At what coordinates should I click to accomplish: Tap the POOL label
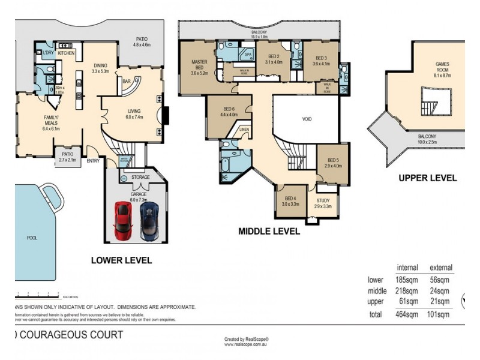pos(32,238)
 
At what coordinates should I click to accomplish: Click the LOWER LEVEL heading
pos(121,260)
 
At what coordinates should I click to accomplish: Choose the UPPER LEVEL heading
pos(428,178)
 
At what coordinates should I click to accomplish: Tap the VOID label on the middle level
pos(307,119)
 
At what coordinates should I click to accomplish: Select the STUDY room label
pos(322,200)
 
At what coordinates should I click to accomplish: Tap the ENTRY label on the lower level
pos(93,160)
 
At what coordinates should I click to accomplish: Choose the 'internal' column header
pos(407,267)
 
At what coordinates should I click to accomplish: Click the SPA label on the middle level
pos(247,55)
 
